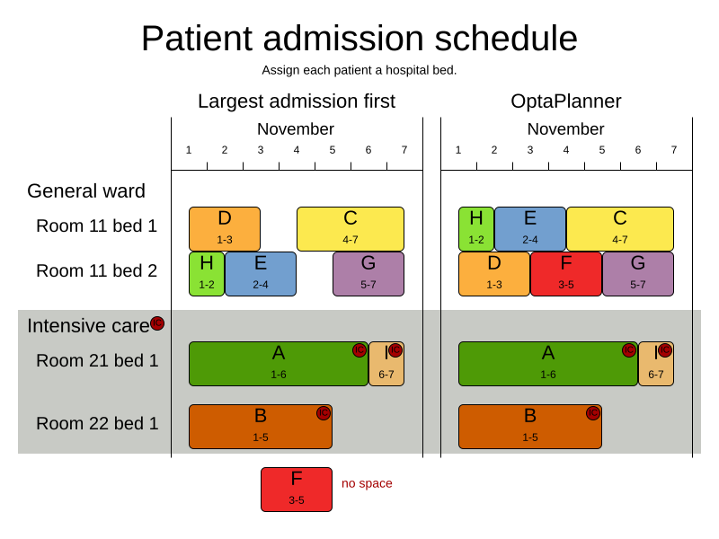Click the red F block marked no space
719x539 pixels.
tap(296, 489)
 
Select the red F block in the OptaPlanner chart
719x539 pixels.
tap(565, 273)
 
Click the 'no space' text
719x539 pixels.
tap(367, 483)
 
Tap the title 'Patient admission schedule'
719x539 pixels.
tap(359, 39)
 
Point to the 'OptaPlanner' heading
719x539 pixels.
tap(565, 102)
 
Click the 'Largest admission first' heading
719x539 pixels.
tap(296, 102)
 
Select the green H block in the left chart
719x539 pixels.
tap(207, 273)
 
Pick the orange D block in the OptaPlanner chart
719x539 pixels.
tap(493, 273)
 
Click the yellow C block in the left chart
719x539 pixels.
tap(350, 228)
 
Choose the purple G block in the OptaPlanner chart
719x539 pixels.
tap(637, 273)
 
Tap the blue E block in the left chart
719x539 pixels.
tap(260, 273)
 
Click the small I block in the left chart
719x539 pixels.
tap(386, 363)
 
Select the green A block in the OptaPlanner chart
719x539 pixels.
tap(547, 363)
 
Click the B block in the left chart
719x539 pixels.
tap(260, 426)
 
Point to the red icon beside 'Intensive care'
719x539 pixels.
tap(157, 323)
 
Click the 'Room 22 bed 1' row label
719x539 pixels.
tap(97, 423)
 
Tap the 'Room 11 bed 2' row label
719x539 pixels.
tap(96, 270)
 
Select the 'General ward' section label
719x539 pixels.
tap(86, 190)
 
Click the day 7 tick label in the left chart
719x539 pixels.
tap(404, 150)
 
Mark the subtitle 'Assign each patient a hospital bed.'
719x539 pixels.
tap(359, 70)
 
